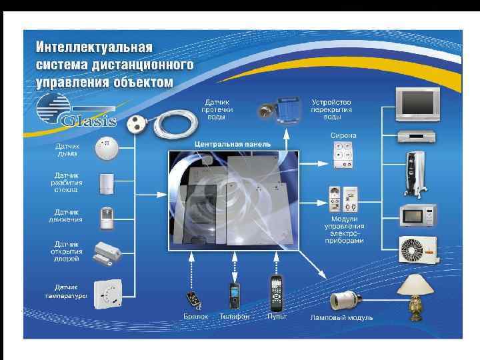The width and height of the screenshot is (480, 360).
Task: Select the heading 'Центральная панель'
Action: coord(224,144)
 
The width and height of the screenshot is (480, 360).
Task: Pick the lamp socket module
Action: coord(346,296)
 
